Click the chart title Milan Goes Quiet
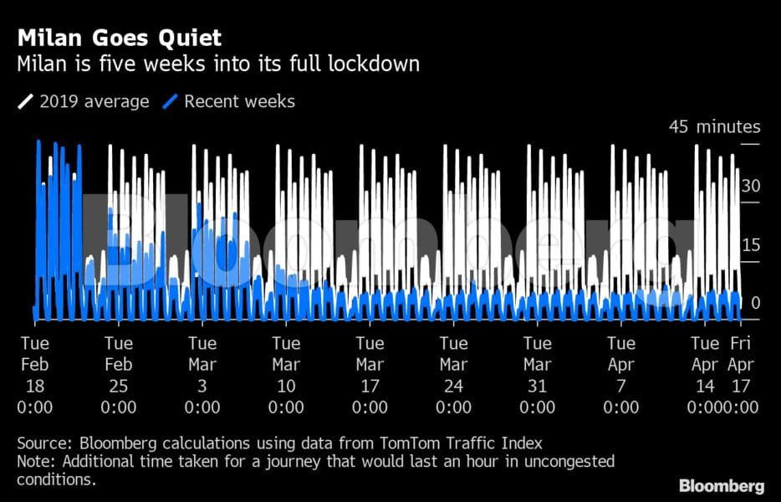[x=119, y=38]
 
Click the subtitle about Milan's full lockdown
[x=217, y=64]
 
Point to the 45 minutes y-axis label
[x=714, y=127]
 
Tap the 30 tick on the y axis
[x=750, y=186]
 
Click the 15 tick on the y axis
[x=750, y=245]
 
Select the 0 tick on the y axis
[x=756, y=302]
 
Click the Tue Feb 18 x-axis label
[x=34, y=375]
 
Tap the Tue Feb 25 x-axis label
[x=118, y=375]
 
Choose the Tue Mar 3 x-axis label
[x=202, y=375]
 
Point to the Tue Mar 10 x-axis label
[x=286, y=375]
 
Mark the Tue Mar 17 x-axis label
[x=370, y=375]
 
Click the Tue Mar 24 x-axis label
[x=453, y=375]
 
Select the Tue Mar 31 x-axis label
[x=537, y=375]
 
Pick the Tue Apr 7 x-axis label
[x=620, y=375]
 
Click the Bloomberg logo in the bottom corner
[x=721, y=485]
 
